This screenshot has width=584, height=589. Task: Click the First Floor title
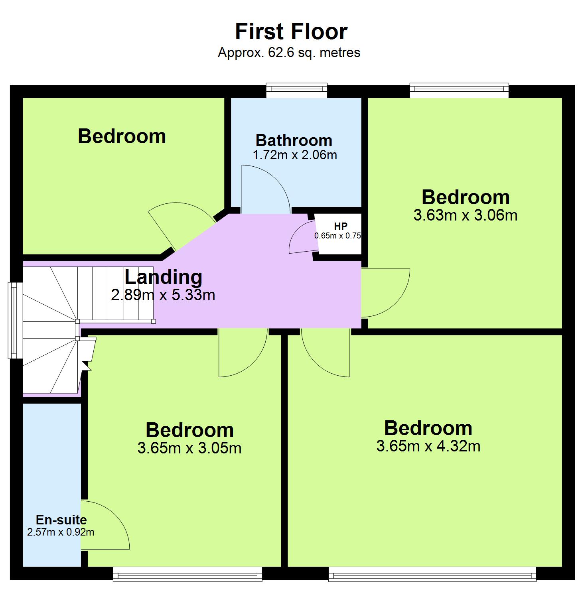click(291, 32)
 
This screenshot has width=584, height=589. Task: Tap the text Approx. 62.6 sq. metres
click(289, 53)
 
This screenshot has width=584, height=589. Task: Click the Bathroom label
click(294, 140)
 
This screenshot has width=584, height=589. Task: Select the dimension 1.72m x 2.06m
click(295, 155)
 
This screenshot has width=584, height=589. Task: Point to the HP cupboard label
click(340, 227)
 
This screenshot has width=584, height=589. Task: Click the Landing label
click(164, 277)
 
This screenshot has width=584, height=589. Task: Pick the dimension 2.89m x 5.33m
click(163, 295)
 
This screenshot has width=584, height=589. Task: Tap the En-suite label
click(61, 520)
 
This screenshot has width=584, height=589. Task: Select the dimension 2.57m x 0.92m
click(61, 532)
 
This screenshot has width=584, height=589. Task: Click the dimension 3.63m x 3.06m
click(466, 215)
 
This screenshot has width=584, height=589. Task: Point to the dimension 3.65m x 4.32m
click(428, 446)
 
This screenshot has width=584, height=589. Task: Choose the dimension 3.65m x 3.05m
click(189, 448)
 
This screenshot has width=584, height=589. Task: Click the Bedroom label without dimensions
click(122, 136)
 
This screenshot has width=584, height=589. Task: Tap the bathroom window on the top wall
click(297, 90)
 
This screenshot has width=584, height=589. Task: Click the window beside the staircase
click(15, 320)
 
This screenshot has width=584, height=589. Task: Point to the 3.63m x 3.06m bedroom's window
click(459, 90)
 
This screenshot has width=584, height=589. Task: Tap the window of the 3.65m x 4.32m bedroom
click(432, 574)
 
